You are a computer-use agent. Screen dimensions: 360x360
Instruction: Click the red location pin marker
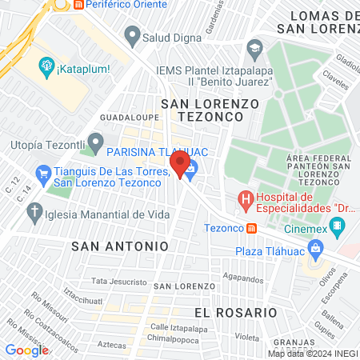pos(178,165)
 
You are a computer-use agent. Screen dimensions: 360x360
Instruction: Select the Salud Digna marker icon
pos(131,35)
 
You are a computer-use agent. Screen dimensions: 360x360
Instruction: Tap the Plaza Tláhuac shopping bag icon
pos(317,250)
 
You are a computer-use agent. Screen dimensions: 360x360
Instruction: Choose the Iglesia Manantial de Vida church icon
pos(34,213)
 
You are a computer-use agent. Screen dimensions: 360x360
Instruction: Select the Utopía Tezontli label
pos(46,145)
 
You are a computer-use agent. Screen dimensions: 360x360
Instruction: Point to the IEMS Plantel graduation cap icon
pos(255,46)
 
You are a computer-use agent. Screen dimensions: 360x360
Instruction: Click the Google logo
pos(26,350)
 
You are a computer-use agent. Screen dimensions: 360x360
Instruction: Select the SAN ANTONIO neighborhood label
pos(120,246)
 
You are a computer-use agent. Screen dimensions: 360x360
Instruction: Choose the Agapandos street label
pos(243,278)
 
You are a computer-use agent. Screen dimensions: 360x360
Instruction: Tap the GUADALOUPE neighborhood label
pos(123,117)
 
